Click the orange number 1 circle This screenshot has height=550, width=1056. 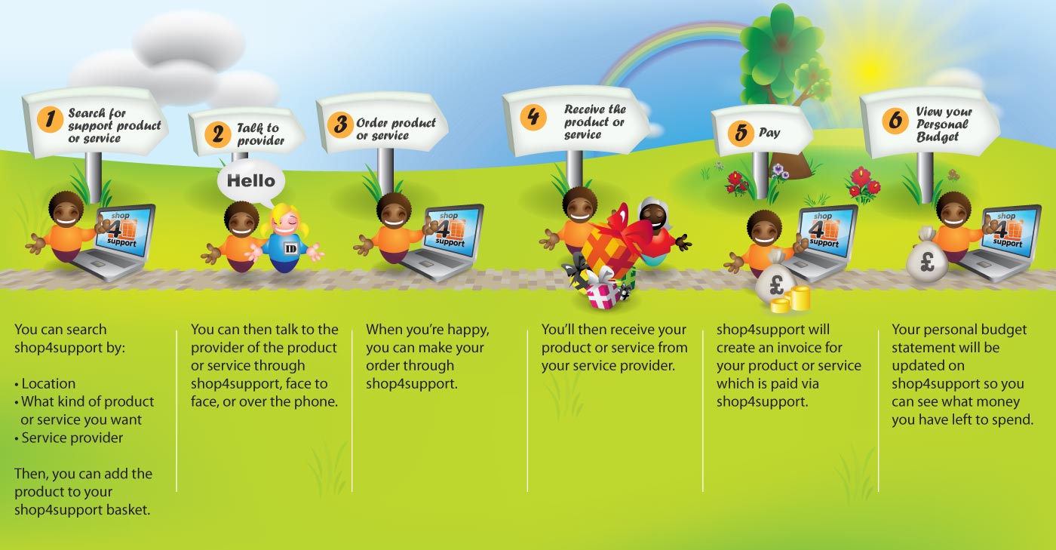coord(50,119)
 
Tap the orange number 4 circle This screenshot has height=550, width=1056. coord(533,118)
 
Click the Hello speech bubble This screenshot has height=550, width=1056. coord(251,182)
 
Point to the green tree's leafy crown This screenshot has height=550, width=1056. coord(781,45)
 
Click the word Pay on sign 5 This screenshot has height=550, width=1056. coord(769,133)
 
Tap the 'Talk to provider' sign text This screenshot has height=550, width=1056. coord(260,134)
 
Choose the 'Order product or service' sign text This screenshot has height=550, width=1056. coord(395,129)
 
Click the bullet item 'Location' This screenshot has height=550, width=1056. coord(48,383)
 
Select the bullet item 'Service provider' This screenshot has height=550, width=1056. coord(72,438)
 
